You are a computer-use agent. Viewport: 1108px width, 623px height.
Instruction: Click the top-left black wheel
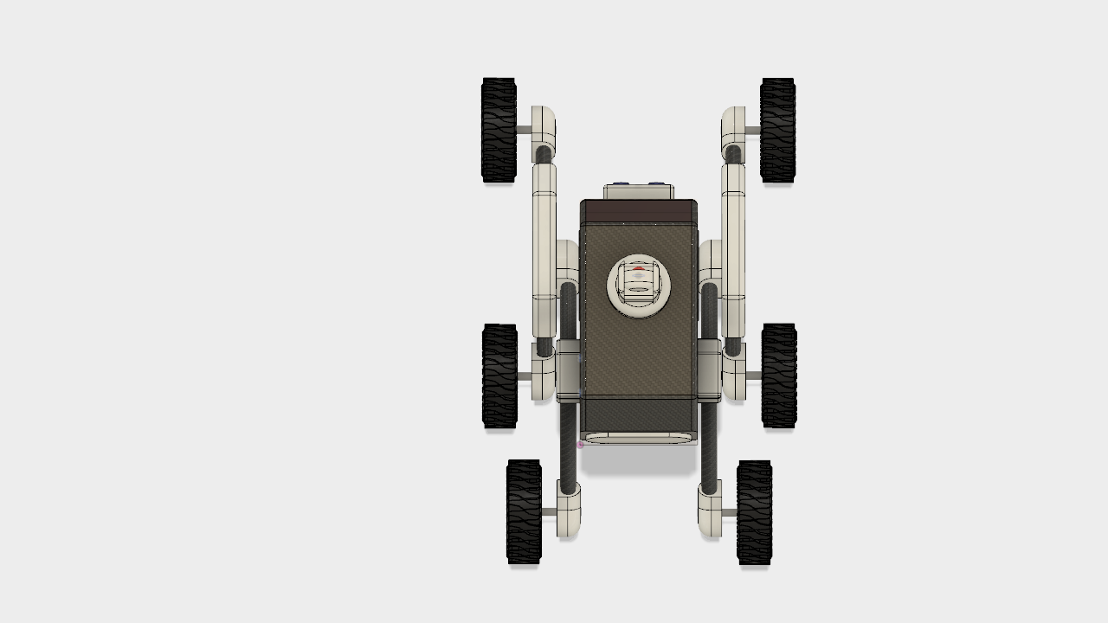pos(499,130)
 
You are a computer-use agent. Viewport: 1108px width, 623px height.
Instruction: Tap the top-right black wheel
pos(777,130)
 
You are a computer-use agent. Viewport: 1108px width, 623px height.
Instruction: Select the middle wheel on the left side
pos(499,376)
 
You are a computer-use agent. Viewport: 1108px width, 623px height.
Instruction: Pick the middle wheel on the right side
pos(779,376)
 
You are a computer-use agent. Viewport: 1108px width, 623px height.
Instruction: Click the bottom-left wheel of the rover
pos(524,511)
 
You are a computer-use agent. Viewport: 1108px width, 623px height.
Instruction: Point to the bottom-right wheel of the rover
pos(754,512)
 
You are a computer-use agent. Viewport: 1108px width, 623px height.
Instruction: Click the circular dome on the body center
pos(639,286)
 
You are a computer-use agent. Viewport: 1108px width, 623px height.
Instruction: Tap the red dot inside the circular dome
pos(639,269)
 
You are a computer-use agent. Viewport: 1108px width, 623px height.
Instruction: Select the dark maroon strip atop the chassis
pos(639,211)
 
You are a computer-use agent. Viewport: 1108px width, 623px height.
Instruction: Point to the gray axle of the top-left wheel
pos(524,130)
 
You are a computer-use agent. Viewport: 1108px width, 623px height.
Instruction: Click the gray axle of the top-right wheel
pos(752,130)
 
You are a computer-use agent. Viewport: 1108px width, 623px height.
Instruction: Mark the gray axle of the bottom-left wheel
pos(549,512)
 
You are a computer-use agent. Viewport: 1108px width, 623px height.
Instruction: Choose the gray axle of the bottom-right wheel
pos(729,512)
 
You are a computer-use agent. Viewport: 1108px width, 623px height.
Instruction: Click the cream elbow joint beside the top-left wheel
pos(544,125)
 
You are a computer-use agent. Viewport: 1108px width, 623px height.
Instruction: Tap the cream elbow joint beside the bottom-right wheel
pos(710,511)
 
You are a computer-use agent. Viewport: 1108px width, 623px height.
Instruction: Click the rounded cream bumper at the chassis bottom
pos(639,439)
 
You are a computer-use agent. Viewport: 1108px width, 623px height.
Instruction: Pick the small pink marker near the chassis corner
pos(581,445)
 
